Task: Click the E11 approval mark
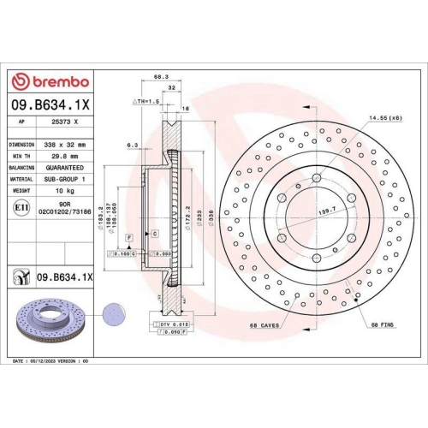click(21, 207)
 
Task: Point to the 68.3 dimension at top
click(160, 77)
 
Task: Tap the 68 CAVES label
click(265, 326)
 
